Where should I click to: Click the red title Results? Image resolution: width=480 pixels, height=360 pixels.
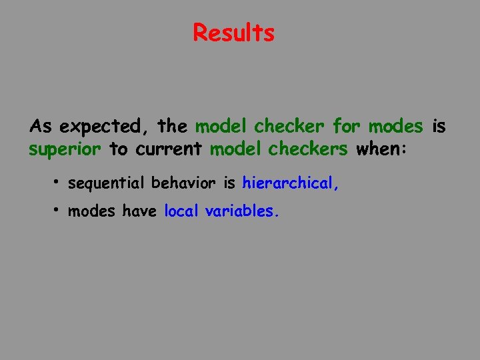[x=233, y=32]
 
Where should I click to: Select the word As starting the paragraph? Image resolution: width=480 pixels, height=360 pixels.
[x=40, y=126]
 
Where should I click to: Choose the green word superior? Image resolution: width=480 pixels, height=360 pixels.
[x=65, y=149]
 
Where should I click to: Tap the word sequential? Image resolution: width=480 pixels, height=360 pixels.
[x=106, y=183]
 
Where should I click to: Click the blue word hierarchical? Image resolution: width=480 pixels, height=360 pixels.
[x=291, y=183]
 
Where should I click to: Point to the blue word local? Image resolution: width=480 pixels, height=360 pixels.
[x=181, y=211]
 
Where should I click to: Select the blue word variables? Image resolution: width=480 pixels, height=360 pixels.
[x=242, y=211]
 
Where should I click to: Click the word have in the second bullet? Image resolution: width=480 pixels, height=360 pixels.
[x=139, y=211]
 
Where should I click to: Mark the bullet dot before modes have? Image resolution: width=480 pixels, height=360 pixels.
[x=58, y=209]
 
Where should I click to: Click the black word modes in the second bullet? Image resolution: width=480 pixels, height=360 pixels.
[x=92, y=211]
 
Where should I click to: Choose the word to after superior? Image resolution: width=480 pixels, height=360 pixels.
[x=118, y=149]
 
